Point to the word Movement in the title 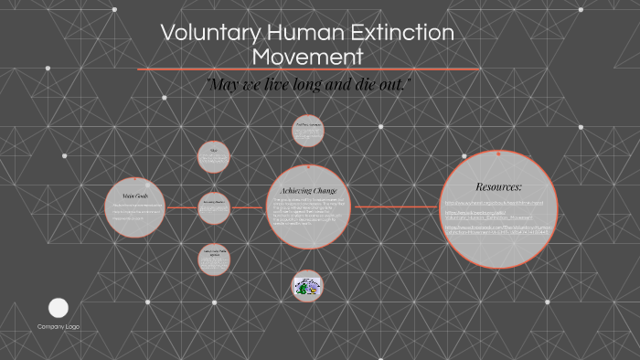click(x=307, y=57)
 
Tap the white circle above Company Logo click(x=59, y=308)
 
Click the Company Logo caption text click(x=59, y=326)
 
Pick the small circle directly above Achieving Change click(x=308, y=130)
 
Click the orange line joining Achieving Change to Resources click(x=397, y=207)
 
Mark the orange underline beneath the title click(x=307, y=69)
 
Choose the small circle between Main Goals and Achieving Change click(x=214, y=207)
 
